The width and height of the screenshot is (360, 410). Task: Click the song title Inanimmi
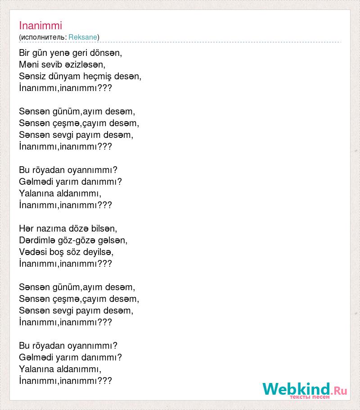[x=40, y=26]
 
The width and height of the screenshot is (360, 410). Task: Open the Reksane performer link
[x=83, y=37]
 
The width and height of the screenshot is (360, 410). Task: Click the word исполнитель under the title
[x=43, y=37]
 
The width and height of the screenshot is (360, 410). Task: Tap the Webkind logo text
[x=296, y=389]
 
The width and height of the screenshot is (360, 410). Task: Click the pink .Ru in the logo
[x=339, y=390]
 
